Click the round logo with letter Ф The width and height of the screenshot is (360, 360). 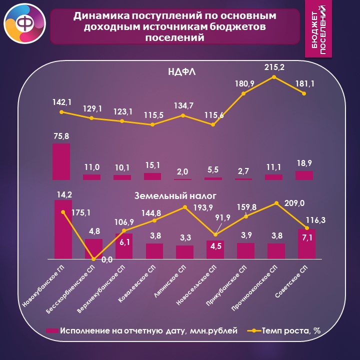[25, 23]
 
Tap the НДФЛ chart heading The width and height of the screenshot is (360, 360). [182, 72]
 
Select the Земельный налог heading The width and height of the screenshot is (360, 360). [175, 196]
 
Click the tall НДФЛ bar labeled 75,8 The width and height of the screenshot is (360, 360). [61, 161]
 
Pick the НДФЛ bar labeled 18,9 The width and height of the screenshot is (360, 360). [304, 175]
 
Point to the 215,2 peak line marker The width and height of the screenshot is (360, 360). [273, 77]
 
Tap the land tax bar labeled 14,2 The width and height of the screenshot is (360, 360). [63, 229]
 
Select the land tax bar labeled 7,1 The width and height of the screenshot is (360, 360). [306, 244]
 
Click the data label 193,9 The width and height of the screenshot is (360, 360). [203, 207]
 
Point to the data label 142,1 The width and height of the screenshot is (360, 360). [62, 102]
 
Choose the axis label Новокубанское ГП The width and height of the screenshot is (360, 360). [43, 286]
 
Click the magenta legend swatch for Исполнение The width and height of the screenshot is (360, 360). [52, 330]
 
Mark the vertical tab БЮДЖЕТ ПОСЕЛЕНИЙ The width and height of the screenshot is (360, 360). [318, 29]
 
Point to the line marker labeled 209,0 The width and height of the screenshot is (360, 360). [276, 203]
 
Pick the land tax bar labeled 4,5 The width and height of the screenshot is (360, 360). [215, 249]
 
